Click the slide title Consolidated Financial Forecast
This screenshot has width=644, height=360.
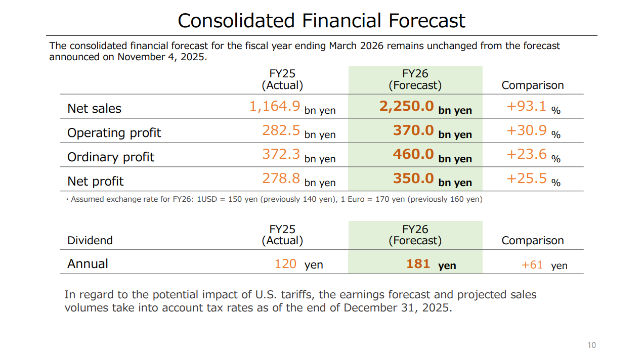coord(321,21)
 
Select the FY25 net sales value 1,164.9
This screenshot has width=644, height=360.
coord(275,106)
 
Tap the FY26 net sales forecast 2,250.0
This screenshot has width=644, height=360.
coord(406,106)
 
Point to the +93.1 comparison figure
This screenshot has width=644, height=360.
coord(526,106)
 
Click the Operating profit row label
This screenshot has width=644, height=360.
coord(114,133)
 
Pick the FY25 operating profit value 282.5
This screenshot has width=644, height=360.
coord(281,130)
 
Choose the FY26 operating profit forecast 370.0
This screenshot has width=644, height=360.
coord(413,130)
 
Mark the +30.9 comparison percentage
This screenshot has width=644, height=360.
coord(526,130)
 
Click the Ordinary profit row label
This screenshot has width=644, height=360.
coord(110,157)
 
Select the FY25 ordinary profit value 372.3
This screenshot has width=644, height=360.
coord(281,154)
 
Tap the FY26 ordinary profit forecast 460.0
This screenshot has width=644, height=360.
coord(413,154)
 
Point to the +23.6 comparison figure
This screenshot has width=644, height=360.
coord(526,154)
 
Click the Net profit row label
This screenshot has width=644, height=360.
coord(95,182)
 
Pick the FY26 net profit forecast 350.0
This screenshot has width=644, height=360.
coord(413,178)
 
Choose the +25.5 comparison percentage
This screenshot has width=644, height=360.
coord(526,178)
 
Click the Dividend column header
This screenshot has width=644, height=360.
coord(90,241)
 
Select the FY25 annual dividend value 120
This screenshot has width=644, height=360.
coord(285,264)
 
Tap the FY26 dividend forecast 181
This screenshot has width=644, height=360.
coord(418,264)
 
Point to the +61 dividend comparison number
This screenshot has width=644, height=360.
coord(532,265)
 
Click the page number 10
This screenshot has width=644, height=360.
coord(591,345)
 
